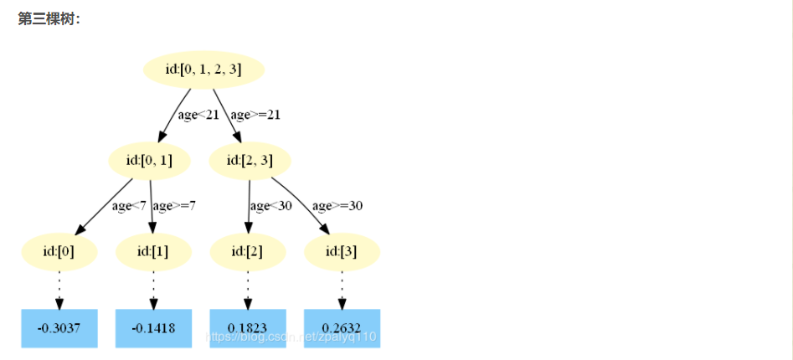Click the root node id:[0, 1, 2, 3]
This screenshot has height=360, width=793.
pyautogui.click(x=203, y=70)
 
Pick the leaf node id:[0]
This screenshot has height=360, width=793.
pyautogui.click(x=59, y=252)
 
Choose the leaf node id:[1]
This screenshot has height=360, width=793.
pyautogui.click(x=153, y=252)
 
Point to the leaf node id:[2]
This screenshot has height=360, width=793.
pyautogui.click(x=248, y=252)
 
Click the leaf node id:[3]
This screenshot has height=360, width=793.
pyautogui.click(x=342, y=252)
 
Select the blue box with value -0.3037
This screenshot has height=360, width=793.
pyautogui.click(x=59, y=328)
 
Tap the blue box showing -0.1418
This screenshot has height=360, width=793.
pyautogui.click(x=153, y=328)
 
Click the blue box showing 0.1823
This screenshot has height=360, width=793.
pyautogui.click(x=248, y=328)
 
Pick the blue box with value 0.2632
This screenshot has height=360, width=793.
pyautogui.click(x=342, y=328)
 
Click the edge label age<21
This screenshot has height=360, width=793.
pyautogui.click(x=198, y=116)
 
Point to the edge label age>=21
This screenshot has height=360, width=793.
pyautogui.click(x=255, y=116)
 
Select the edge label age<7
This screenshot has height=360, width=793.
pyautogui.click(x=130, y=206)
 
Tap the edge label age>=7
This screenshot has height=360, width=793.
pyautogui.click(x=174, y=206)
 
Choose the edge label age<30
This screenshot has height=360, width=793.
pyautogui.click(x=270, y=206)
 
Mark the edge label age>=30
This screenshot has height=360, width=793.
pyautogui.click(x=337, y=206)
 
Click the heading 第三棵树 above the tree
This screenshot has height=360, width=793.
pyautogui.click(x=49, y=19)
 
